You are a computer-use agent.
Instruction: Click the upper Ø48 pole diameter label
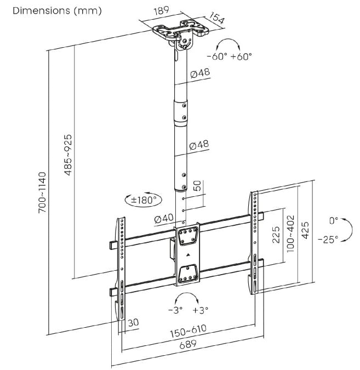click(201, 73)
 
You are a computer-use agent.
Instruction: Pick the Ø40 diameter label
click(164, 218)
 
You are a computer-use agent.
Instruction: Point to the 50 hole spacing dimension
click(198, 186)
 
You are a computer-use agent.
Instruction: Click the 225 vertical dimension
click(277, 235)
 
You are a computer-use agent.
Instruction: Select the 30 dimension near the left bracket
click(133, 323)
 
